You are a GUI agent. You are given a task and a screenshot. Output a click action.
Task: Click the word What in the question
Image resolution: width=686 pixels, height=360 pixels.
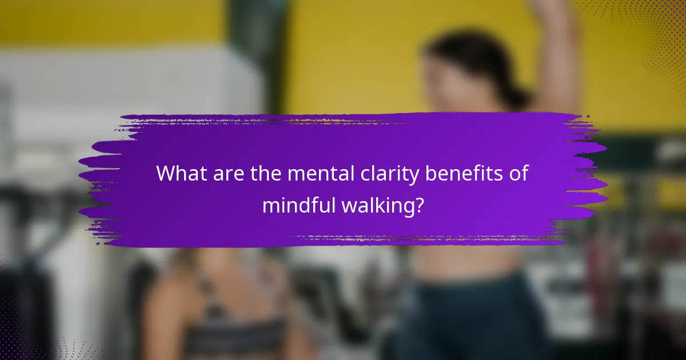181,173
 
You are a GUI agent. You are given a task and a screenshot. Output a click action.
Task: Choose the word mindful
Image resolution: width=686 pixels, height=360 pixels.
300,205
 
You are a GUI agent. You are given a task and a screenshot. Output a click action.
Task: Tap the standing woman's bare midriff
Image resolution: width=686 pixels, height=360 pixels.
463,260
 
